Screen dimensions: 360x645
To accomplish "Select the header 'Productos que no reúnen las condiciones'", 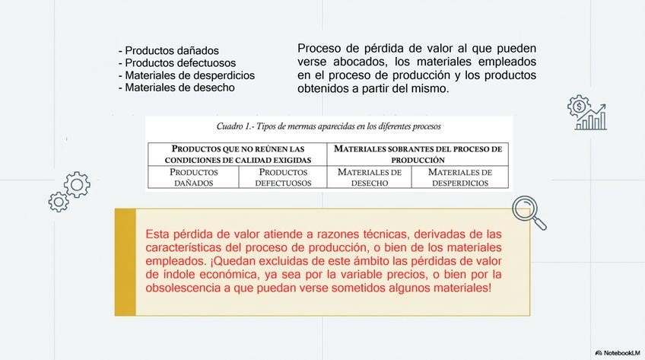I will click(237, 154).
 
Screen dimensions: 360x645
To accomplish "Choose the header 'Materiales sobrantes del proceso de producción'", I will click(418, 154).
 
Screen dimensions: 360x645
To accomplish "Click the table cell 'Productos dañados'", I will click(193, 177).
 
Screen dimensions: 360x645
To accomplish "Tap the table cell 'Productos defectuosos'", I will click(283, 177).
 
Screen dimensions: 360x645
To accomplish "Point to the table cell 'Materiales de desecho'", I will click(370, 177).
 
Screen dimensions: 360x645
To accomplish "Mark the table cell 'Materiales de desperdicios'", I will click(459, 177).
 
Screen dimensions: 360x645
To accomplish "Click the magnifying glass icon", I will click(529, 212).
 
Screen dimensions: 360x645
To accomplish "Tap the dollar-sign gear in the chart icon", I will click(579, 106).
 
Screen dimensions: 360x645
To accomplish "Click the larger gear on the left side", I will click(76, 183).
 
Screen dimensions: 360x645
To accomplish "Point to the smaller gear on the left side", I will click(59, 202).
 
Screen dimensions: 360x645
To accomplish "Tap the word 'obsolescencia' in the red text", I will click(183, 288).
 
